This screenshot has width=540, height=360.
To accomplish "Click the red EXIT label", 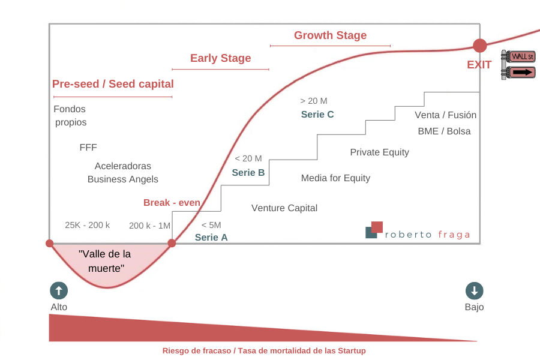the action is click(479, 65).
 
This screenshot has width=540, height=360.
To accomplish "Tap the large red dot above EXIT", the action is click(480, 46).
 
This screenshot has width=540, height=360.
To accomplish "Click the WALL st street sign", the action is click(523, 56).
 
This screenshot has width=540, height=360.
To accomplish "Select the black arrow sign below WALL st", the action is click(523, 73).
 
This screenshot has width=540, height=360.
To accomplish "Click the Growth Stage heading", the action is click(330, 35).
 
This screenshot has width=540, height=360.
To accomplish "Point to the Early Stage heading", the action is click(220, 58).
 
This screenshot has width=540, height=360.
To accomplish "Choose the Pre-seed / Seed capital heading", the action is click(113, 84).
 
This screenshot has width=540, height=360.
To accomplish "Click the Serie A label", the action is click(211, 238).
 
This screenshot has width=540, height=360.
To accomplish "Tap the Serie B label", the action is click(248, 173).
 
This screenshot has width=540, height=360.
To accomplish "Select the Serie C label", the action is click(317, 115).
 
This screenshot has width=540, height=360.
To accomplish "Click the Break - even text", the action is click(172, 203).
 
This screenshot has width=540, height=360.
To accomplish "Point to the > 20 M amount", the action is click(314, 101).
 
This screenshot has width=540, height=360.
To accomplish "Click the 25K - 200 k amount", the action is click(88, 225).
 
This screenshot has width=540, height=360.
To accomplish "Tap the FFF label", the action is click(88, 148).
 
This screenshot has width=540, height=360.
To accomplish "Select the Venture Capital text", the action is click(284, 208).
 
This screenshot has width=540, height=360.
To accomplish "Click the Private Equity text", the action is click(380, 152).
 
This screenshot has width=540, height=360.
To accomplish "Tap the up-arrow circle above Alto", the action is click(59, 291).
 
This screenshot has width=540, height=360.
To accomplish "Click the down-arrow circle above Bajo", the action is click(475, 291).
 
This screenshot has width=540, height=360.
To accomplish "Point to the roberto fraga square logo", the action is click(374, 230).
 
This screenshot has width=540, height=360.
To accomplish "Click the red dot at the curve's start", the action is click(50, 244).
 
